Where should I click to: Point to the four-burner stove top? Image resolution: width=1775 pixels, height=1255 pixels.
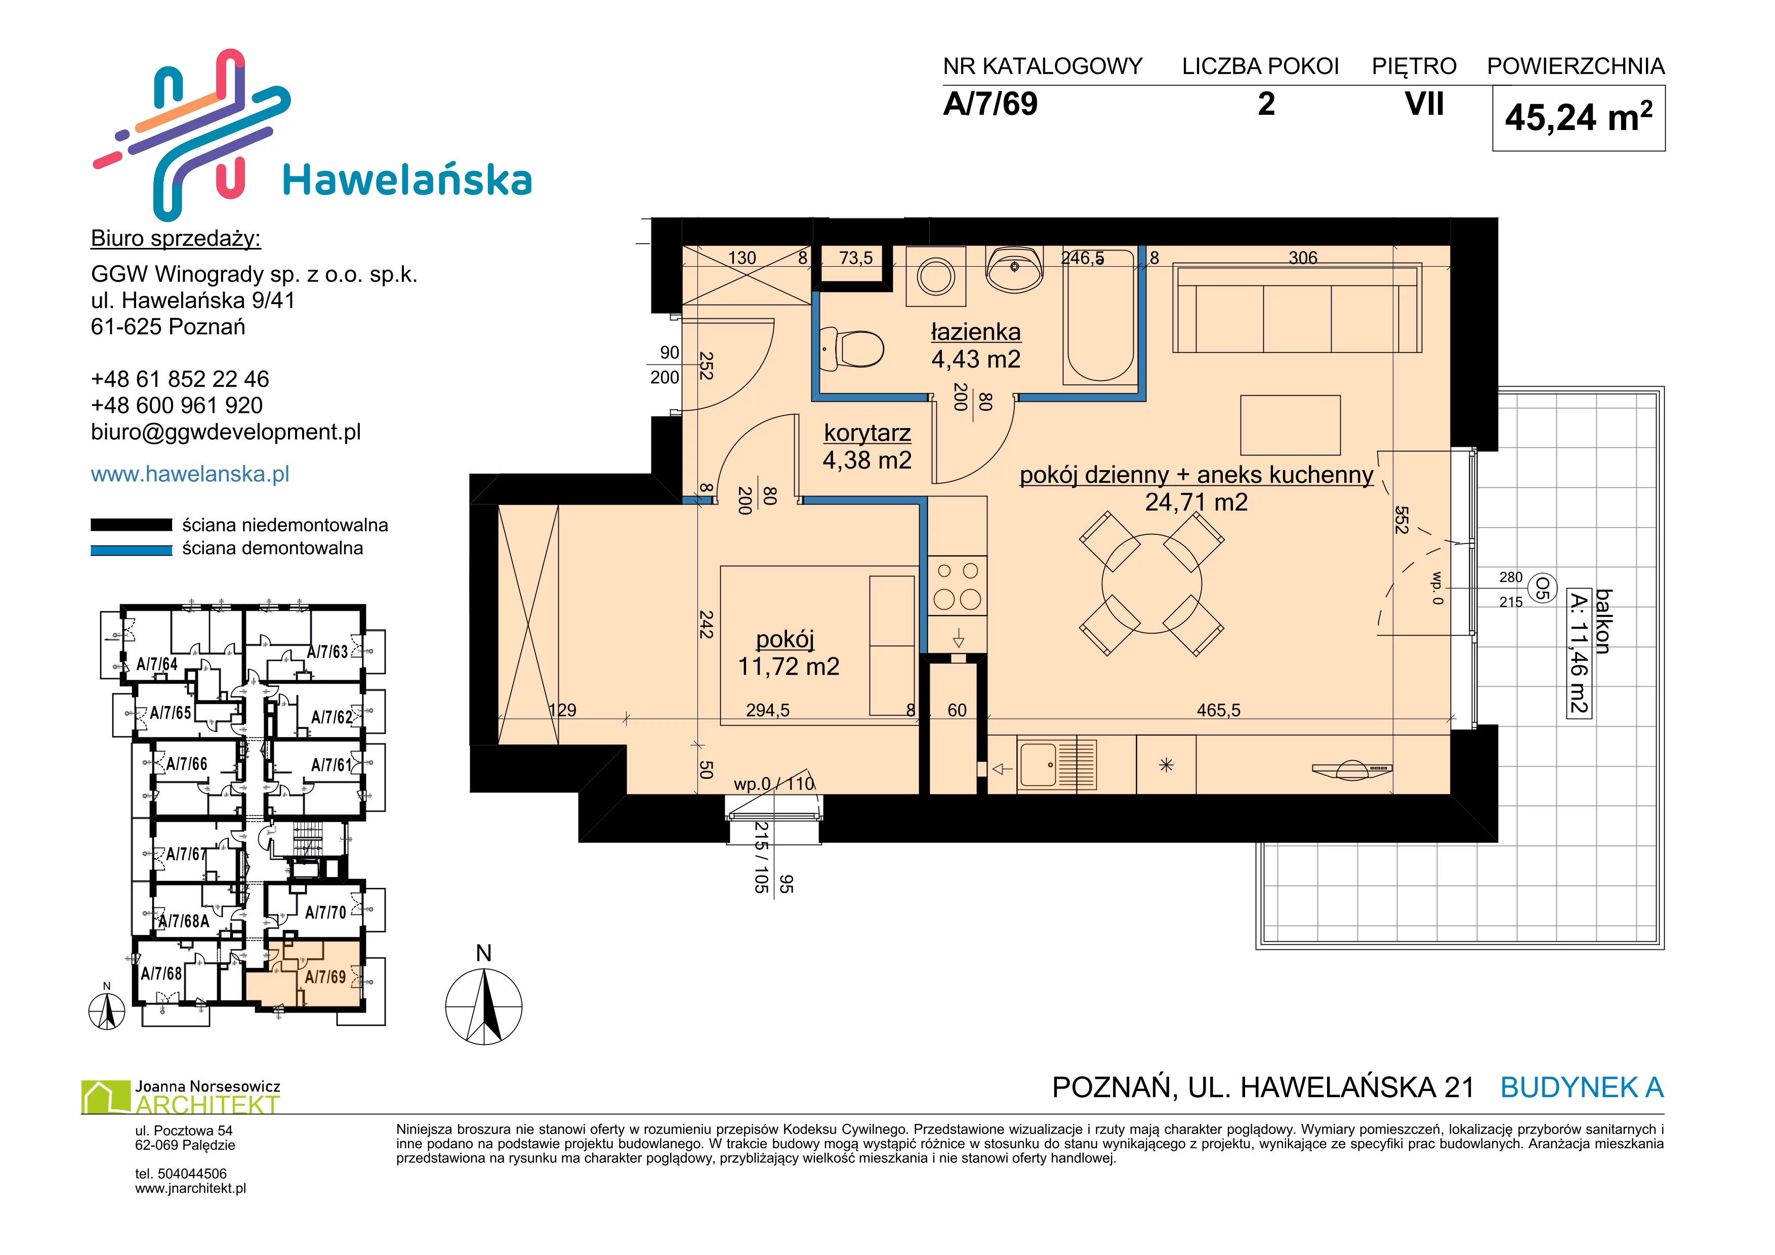pos(957,585)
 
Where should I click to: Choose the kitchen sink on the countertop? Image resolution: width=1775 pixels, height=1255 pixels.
pos(1057,765)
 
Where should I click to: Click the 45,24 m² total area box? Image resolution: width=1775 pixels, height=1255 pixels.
pos(1578,118)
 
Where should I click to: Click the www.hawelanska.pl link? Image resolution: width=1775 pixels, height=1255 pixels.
pos(190,474)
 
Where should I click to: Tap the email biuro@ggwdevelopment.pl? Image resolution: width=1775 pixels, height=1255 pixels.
pos(226,432)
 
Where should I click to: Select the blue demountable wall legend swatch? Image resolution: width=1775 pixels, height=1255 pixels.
pos(132,550)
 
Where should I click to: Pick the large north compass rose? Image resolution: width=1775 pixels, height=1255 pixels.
pos(484,1006)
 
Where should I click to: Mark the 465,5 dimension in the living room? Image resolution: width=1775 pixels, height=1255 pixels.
pos(1218,710)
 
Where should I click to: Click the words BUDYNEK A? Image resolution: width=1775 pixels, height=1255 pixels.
pos(1582,1087)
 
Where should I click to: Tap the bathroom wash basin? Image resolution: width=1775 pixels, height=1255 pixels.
pos(1014,269)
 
